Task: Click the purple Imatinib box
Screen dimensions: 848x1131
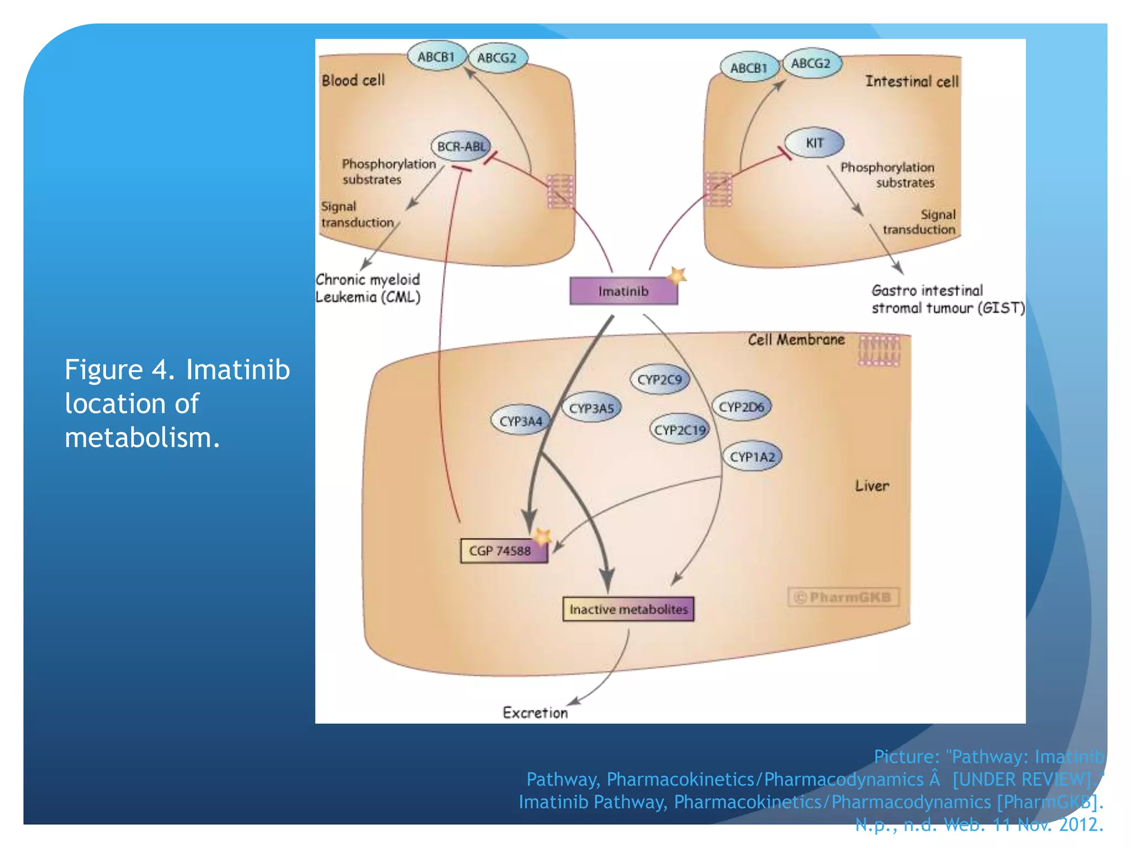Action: tap(623, 291)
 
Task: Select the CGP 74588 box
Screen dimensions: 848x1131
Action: tap(503, 550)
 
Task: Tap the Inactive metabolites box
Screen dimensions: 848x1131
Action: tap(628, 609)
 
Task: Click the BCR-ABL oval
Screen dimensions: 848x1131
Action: tap(461, 146)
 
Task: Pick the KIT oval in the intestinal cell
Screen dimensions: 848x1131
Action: tap(815, 143)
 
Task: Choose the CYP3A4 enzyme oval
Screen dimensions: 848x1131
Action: tap(521, 421)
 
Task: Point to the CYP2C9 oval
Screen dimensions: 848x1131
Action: tap(659, 380)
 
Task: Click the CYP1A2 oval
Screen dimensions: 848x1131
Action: tap(752, 457)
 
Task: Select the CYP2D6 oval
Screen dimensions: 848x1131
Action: tap(741, 407)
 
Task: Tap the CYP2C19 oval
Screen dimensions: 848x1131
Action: tap(680, 430)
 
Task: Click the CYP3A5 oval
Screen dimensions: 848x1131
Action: tap(591, 409)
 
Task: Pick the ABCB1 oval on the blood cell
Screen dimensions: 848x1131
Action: tap(436, 57)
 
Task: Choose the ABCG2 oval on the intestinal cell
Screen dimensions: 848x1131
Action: tap(811, 63)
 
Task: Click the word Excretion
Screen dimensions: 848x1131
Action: tap(535, 713)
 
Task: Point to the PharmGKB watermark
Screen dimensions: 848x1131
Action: tap(843, 597)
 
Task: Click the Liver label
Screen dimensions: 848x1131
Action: tap(872, 486)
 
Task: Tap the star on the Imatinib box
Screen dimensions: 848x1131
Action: tap(677, 275)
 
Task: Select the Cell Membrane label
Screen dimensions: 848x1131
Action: tap(796, 340)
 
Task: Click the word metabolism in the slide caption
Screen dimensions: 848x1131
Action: tap(142, 437)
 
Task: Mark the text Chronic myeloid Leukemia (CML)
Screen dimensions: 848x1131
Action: tap(368, 288)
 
